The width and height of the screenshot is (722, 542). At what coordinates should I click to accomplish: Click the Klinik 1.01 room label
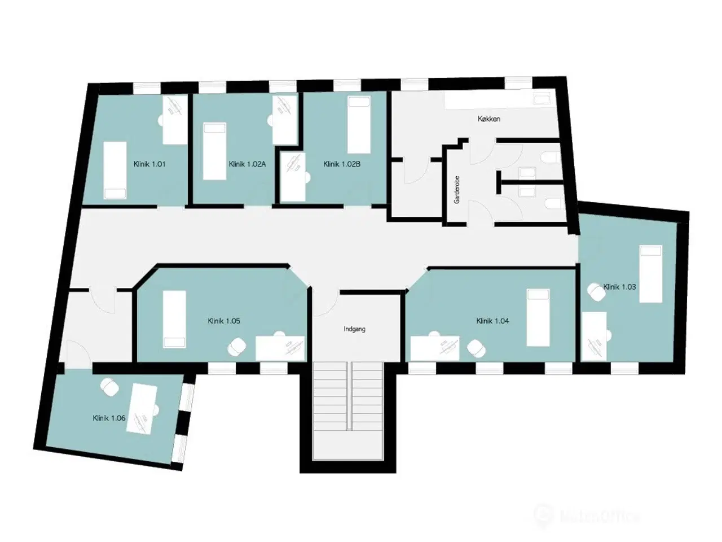(149, 164)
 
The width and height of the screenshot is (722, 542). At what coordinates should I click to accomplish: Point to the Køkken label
(488, 119)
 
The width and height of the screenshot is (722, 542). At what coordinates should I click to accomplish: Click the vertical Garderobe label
(457, 189)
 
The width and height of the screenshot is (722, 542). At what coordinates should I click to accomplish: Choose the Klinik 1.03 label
(619, 287)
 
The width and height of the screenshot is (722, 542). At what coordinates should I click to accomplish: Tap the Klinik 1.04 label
(492, 321)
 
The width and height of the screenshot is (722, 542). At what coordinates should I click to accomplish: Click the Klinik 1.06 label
(109, 418)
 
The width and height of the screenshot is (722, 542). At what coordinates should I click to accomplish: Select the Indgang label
(354, 329)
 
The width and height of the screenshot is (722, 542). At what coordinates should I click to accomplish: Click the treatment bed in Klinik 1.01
(115, 169)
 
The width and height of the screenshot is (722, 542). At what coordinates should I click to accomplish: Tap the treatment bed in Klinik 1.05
(174, 319)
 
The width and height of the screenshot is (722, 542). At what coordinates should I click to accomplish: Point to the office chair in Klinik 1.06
(108, 387)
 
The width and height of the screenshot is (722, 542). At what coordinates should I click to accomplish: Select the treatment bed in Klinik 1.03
(650, 274)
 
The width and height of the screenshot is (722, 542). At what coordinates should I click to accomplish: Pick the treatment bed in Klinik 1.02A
(214, 151)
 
